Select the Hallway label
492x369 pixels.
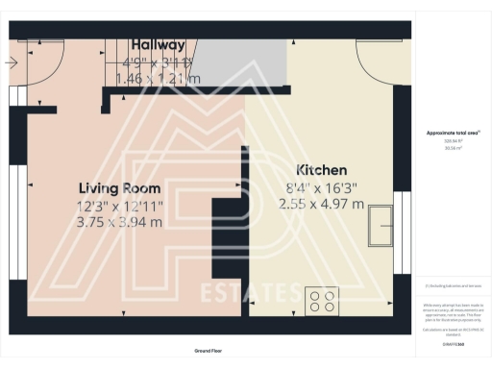pyautogui.click(x=159, y=45)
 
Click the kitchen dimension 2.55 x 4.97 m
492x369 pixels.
pyautogui.click(x=321, y=204)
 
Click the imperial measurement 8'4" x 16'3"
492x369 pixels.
pyautogui.click(x=321, y=187)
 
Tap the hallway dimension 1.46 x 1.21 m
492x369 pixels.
pyautogui.click(x=159, y=78)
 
